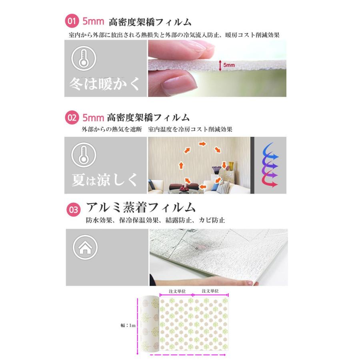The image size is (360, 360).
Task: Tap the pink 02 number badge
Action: point(72,118)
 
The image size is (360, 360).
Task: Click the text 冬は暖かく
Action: point(104,84)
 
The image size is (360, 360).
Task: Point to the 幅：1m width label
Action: point(128,325)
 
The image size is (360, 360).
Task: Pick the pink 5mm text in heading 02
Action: point(93,118)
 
